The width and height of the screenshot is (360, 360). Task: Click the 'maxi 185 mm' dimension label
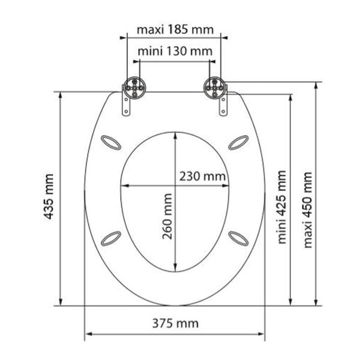[x=173, y=29]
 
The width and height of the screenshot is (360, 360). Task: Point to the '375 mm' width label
[x=176, y=324]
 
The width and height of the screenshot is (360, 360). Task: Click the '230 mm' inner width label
[x=202, y=176]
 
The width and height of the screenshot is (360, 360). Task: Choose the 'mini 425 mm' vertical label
[x=281, y=207]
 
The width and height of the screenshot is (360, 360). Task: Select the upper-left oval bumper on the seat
[x=112, y=142]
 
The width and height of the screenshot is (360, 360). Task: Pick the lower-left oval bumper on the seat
[x=112, y=238]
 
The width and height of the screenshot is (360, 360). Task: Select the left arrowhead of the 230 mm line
[x=123, y=186]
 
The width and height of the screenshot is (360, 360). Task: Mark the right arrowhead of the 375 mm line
[x=262, y=334]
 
